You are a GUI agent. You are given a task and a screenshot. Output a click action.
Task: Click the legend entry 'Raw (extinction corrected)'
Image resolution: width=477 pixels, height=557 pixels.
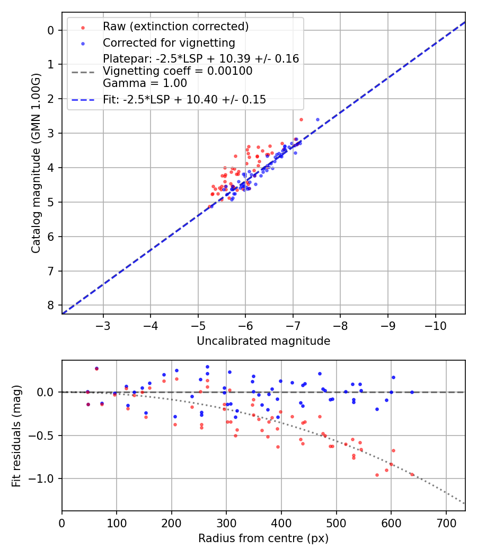pos(175,27)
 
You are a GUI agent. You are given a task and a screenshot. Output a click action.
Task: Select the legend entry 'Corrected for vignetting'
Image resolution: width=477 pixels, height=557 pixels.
pos(169,42)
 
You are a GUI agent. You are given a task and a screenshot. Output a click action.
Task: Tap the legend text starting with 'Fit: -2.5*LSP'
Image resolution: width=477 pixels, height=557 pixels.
pos(184,99)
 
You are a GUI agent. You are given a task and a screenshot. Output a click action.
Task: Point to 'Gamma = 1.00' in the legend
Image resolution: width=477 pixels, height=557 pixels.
pos(145,83)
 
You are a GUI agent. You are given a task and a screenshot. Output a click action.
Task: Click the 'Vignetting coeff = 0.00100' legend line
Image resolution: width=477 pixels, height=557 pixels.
pos(178,71)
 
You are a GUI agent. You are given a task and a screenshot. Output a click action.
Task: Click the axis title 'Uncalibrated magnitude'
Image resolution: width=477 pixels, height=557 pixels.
pos(263,341)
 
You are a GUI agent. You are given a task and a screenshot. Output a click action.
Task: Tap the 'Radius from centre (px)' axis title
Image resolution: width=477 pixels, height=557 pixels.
pos(263,538)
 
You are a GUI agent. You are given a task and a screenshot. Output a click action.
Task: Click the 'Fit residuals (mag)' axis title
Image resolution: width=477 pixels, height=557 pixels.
pos(16,436)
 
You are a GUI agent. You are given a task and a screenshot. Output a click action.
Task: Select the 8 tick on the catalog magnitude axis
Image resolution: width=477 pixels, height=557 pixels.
pos(51,305)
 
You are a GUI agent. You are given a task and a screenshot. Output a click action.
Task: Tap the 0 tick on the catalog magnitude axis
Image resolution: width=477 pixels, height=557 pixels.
pos(51,30)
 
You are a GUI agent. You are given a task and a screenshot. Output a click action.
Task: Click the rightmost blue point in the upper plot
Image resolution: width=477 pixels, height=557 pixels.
pos(317,119)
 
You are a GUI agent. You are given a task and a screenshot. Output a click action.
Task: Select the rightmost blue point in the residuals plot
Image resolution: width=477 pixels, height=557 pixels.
pos(412,392)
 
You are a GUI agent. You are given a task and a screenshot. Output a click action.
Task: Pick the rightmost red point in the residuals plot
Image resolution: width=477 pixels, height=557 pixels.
pos(412,474)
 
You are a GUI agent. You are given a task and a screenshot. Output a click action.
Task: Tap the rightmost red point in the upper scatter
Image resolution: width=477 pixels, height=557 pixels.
pos(301,119)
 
